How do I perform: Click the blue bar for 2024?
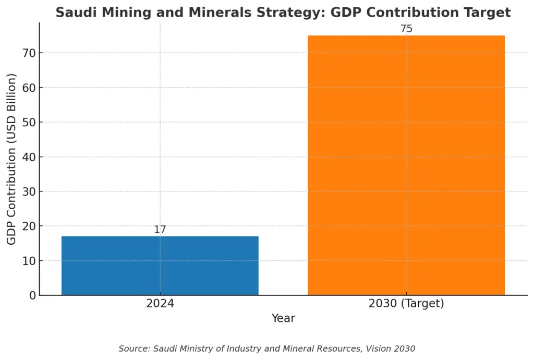click(x=160, y=266)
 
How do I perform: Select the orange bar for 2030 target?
click(x=406, y=165)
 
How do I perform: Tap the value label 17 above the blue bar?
click(x=160, y=230)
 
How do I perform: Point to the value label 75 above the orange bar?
click(x=406, y=29)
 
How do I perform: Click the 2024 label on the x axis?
click(x=160, y=304)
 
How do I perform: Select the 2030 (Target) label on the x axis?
click(x=406, y=304)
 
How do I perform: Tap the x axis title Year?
click(x=283, y=318)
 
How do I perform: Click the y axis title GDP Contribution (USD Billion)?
click(x=12, y=159)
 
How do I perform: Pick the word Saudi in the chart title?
click(x=74, y=13)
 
